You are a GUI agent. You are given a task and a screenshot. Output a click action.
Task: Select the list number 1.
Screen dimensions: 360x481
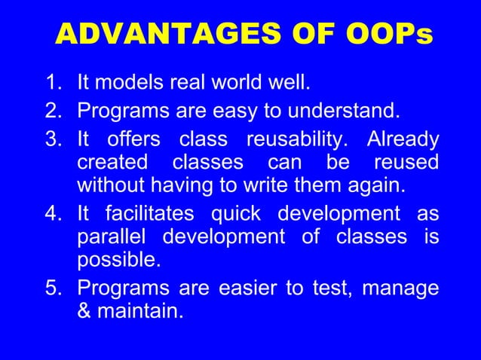click(55, 82)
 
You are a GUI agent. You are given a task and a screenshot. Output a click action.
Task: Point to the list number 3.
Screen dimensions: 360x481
click(55, 140)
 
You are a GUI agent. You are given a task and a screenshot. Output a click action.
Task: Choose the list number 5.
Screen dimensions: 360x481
click(55, 288)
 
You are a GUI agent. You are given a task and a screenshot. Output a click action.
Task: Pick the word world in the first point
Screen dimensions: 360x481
click(229, 82)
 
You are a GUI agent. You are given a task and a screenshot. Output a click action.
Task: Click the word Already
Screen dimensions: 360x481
click(403, 140)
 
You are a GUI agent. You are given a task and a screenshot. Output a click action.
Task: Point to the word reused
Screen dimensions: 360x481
click(406, 162)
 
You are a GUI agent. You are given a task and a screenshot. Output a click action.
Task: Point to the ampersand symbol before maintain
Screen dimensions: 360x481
click(84, 310)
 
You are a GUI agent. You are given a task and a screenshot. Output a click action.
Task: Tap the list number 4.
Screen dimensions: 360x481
click(55, 214)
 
